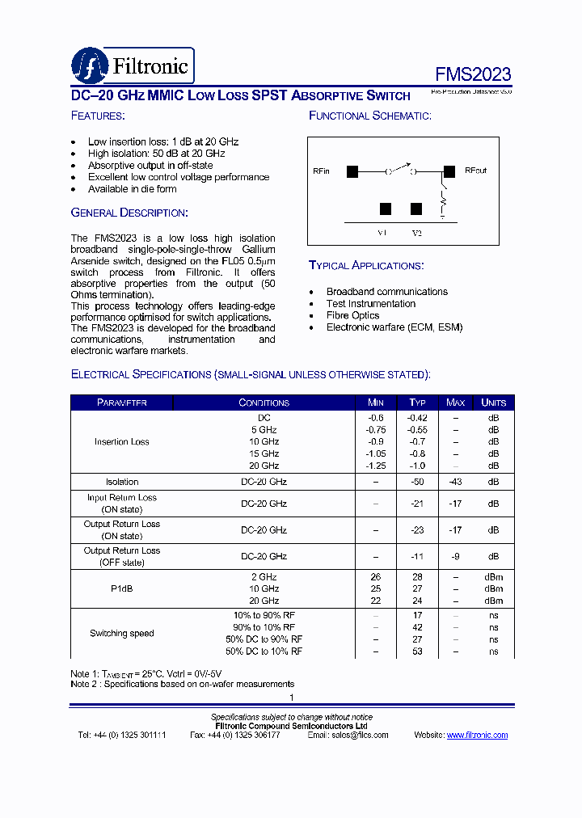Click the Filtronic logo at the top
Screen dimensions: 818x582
pos(133,65)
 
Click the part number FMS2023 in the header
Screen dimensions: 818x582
pos(473,74)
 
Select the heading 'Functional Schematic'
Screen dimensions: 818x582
pos(369,116)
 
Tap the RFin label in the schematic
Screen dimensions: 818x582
pos(321,171)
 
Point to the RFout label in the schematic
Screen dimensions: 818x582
pos(475,171)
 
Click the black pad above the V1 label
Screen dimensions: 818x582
pos(386,209)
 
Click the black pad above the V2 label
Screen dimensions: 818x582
pos(416,209)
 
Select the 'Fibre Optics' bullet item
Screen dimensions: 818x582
pos(352,315)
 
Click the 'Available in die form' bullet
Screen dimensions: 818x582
pos(132,189)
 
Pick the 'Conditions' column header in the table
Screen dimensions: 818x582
pos(264,403)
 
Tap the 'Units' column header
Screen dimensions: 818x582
pos(493,403)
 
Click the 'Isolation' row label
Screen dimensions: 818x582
pos(122,482)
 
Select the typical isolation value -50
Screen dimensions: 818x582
pos(417,482)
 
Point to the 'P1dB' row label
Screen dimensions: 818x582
pos(122,589)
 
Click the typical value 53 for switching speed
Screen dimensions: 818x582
pos(417,651)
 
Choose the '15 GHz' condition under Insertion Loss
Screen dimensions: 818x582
pos(264,454)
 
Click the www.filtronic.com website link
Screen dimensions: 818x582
pos(477,735)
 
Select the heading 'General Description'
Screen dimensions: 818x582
pos(129,213)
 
